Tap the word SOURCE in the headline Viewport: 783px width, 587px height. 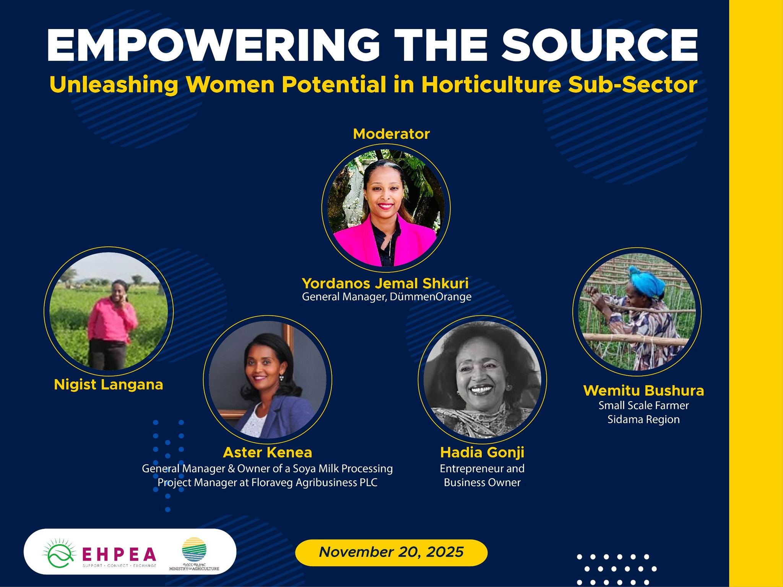[600, 45]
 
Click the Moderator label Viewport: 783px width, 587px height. [391, 134]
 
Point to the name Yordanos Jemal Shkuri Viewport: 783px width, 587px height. [385, 283]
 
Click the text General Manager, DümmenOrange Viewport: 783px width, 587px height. [387, 297]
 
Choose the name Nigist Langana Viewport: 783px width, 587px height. [109, 384]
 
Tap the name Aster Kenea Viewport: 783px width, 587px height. [268, 452]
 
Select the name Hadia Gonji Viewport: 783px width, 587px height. [482, 452]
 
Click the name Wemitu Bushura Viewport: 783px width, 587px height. [643, 391]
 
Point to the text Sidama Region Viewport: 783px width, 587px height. [643, 420]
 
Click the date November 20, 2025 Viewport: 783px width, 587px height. [391, 552]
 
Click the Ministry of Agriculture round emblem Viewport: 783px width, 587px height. [194, 549]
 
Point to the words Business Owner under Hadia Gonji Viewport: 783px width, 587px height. [482, 482]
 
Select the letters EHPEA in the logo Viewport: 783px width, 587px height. [119, 553]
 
